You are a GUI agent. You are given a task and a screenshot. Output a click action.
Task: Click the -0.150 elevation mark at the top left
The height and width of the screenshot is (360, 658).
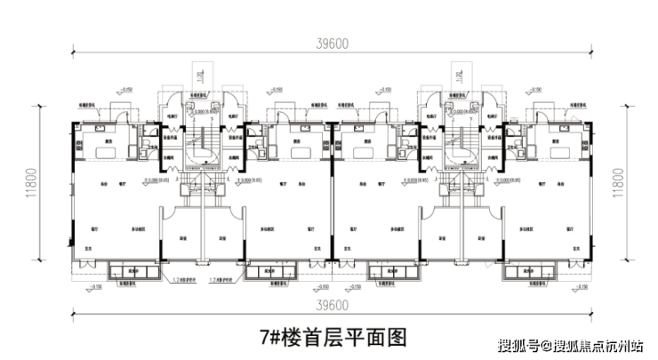point(125,90)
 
